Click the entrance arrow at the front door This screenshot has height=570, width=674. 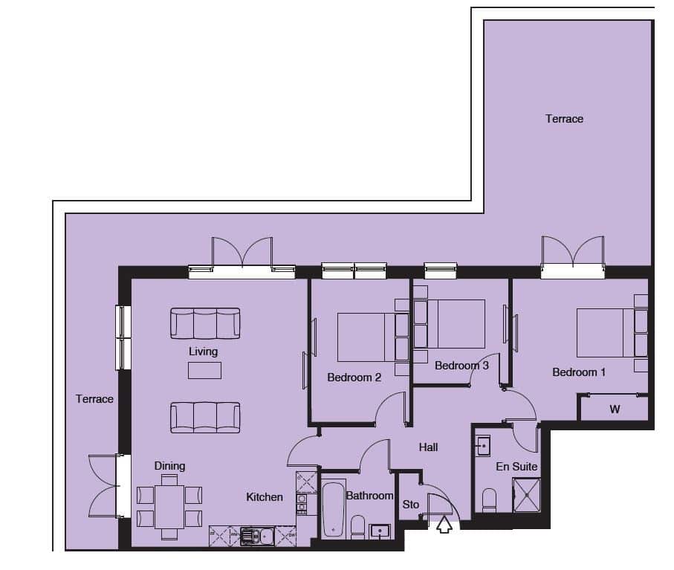tap(444, 525)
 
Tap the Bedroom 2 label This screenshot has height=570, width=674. tap(354, 378)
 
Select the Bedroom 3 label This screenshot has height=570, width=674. tap(461, 366)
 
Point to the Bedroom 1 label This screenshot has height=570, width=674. tap(579, 372)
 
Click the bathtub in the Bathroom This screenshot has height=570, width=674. tap(334, 510)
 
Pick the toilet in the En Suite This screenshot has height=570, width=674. tap(489, 500)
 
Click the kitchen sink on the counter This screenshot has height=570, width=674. tap(257, 536)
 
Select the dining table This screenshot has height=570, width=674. tap(169, 506)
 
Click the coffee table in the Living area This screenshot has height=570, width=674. tap(204, 370)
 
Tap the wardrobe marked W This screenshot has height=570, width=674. tap(615, 409)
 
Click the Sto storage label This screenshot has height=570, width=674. tap(410, 504)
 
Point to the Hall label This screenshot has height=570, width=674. tap(428, 447)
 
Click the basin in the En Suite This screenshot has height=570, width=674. tap(484, 446)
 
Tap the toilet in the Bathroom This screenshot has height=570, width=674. tap(357, 527)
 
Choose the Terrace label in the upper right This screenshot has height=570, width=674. tap(564, 119)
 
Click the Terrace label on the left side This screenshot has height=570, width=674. tap(94, 399)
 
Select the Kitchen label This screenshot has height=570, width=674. tap(265, 497)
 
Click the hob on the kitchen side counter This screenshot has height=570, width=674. tap(301, 503)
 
